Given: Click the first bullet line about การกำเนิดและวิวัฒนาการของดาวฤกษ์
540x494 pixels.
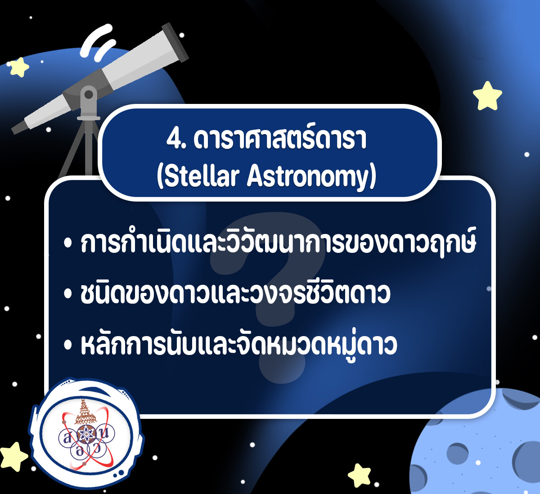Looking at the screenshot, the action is point(278,243).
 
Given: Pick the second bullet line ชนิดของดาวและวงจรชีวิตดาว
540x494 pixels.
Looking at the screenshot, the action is point(235,293).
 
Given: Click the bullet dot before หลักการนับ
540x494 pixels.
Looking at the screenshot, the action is point(68,346).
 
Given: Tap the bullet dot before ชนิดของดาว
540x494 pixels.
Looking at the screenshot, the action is point(68,294).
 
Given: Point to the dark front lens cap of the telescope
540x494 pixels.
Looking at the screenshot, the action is point(175,42).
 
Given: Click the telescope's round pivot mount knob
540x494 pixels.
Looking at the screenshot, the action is point(89,95).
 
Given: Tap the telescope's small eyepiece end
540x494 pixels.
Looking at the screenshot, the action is point(19,128).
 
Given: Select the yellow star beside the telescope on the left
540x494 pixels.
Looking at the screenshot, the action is point(19,67).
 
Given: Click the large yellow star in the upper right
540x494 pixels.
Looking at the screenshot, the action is point(487,96).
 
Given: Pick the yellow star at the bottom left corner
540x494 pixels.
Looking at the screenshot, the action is point(13,457).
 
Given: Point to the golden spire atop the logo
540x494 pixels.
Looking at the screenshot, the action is point(85,411).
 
